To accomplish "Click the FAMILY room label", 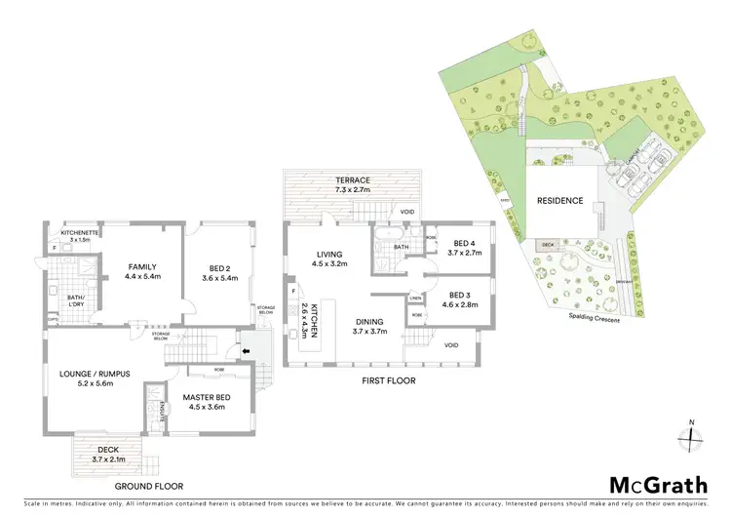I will tap(143, 267).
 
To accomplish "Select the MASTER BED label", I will tap(205, 396).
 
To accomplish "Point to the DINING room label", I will tap(368, 322).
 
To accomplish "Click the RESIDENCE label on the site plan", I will tap(559, 201).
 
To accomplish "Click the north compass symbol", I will tap(692, 435).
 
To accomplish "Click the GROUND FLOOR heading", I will tap(150, 486).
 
